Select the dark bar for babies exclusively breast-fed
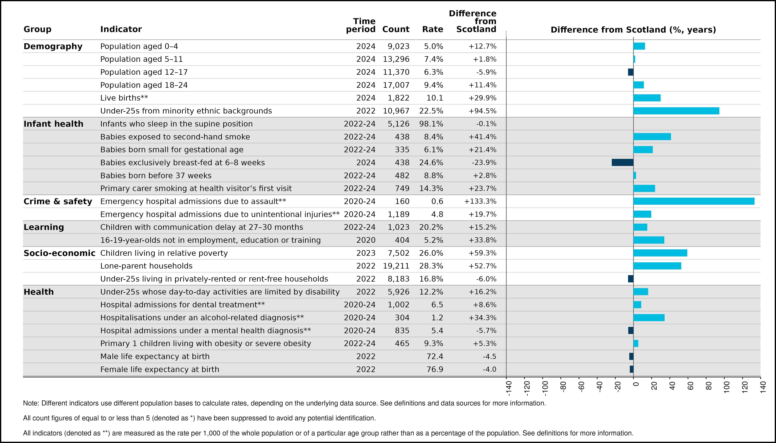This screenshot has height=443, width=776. [x=623, y=162]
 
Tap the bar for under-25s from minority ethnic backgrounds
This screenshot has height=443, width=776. [x=676, y=111]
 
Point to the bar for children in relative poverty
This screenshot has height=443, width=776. [x=660, y=253]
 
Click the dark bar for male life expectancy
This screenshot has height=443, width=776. [x=631, y=356]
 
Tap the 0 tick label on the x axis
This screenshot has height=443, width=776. [x=636, y=384]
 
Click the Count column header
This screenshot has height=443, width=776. [x=396, y=29]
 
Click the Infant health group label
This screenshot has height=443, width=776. [x=53, y=124]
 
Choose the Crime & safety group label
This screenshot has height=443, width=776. [x=58, y=201]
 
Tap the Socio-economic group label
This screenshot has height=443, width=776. [x=59, y=253]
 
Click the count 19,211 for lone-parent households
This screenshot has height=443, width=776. [x=396, y=266]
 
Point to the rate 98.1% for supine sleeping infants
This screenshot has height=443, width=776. [x=431, y=124]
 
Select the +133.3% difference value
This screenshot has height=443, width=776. [x=480, y=201]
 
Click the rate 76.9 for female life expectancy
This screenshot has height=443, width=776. [x=435, y=369]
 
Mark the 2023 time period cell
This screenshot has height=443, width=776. [x=366, y=253]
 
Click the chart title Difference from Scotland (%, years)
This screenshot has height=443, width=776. [x=633, y=30]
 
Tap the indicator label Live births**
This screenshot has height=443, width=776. [x=124, y=98]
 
